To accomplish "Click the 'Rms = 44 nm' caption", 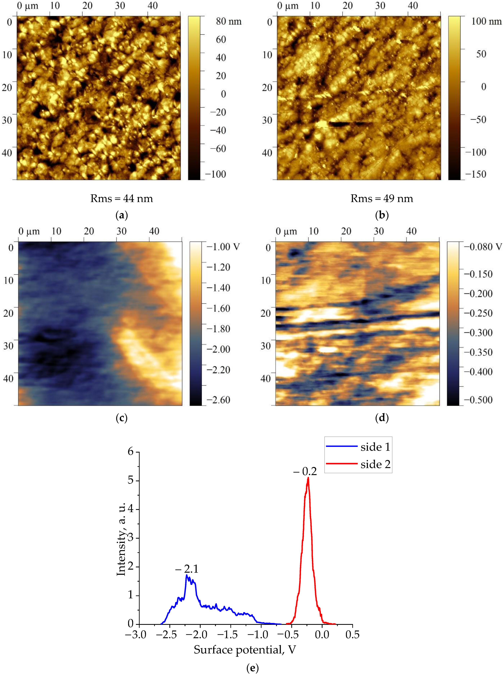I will click(x=121, y=199).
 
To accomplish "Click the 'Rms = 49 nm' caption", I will click(x=382, y=199).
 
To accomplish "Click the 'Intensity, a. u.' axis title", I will click(x=121, y=539).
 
